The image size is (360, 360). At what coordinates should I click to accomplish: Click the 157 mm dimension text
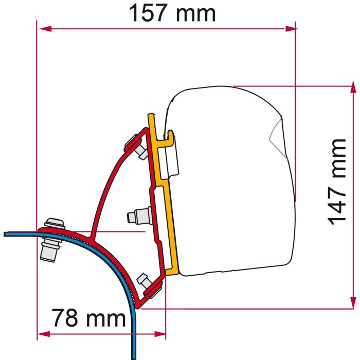pyautogui.click(x=172, y=14)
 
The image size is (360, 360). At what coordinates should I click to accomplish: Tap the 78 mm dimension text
pyautogui.click(x=89, y=319)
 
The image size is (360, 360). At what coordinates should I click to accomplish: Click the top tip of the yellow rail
pyautogui.click(x=151, y=115)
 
